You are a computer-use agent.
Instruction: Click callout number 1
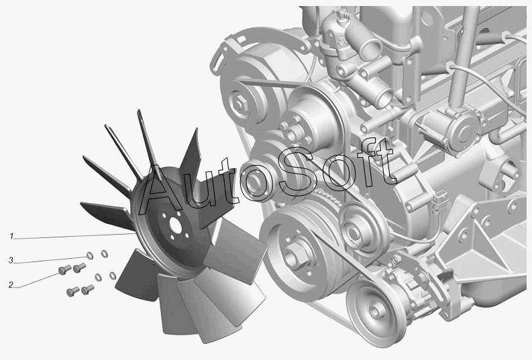[11, 236]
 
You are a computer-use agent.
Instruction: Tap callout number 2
[11, 285]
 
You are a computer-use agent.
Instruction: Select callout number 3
[11, 260]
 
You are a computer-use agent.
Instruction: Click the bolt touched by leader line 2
[64, 269]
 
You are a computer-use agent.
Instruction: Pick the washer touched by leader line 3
[90, 255]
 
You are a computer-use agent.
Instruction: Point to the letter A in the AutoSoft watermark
[163, 189]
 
